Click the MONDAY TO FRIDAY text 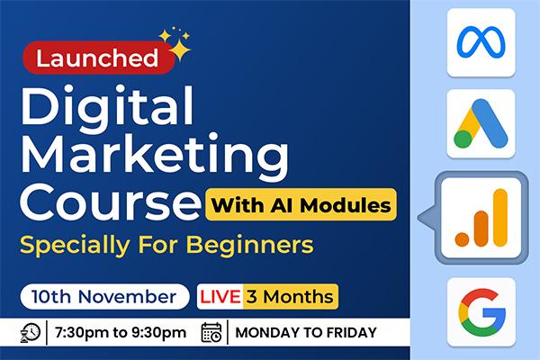305,333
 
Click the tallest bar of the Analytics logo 499,216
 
